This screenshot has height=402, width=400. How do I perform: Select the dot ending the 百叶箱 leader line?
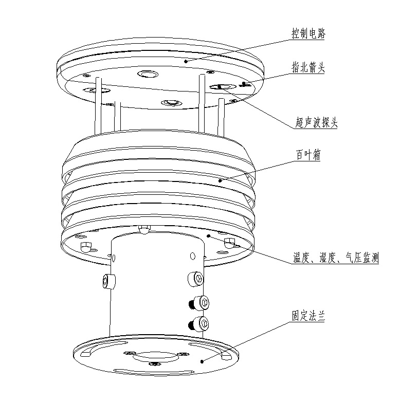click(x=221, y=180)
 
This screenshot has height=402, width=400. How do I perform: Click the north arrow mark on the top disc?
click(x=245, y=84)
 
